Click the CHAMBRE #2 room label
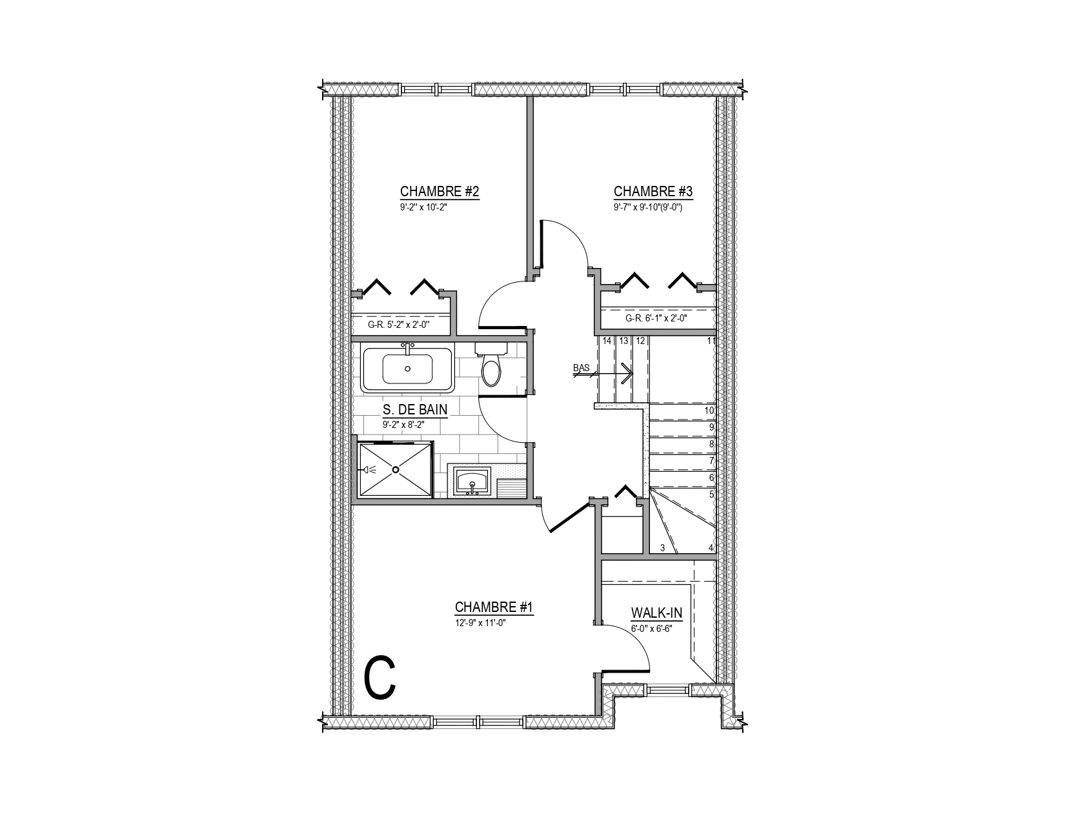[439, 191]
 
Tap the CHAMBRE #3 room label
[653, 191]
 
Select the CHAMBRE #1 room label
[494, 607]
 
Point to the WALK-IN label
[656, 613]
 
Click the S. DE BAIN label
[415, 409]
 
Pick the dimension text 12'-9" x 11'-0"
[480, 623]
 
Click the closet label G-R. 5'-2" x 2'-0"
[398, 324]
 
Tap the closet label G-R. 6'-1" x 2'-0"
[656, 318]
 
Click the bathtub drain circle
[407, 369]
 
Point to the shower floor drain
[396, 469]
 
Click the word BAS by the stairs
[582, 368]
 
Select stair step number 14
[607, 341]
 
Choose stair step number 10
[709, 411]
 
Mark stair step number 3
[663, 548]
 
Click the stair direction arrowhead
[628, 374]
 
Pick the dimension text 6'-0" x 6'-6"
[651, 629]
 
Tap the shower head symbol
[369, 469]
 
